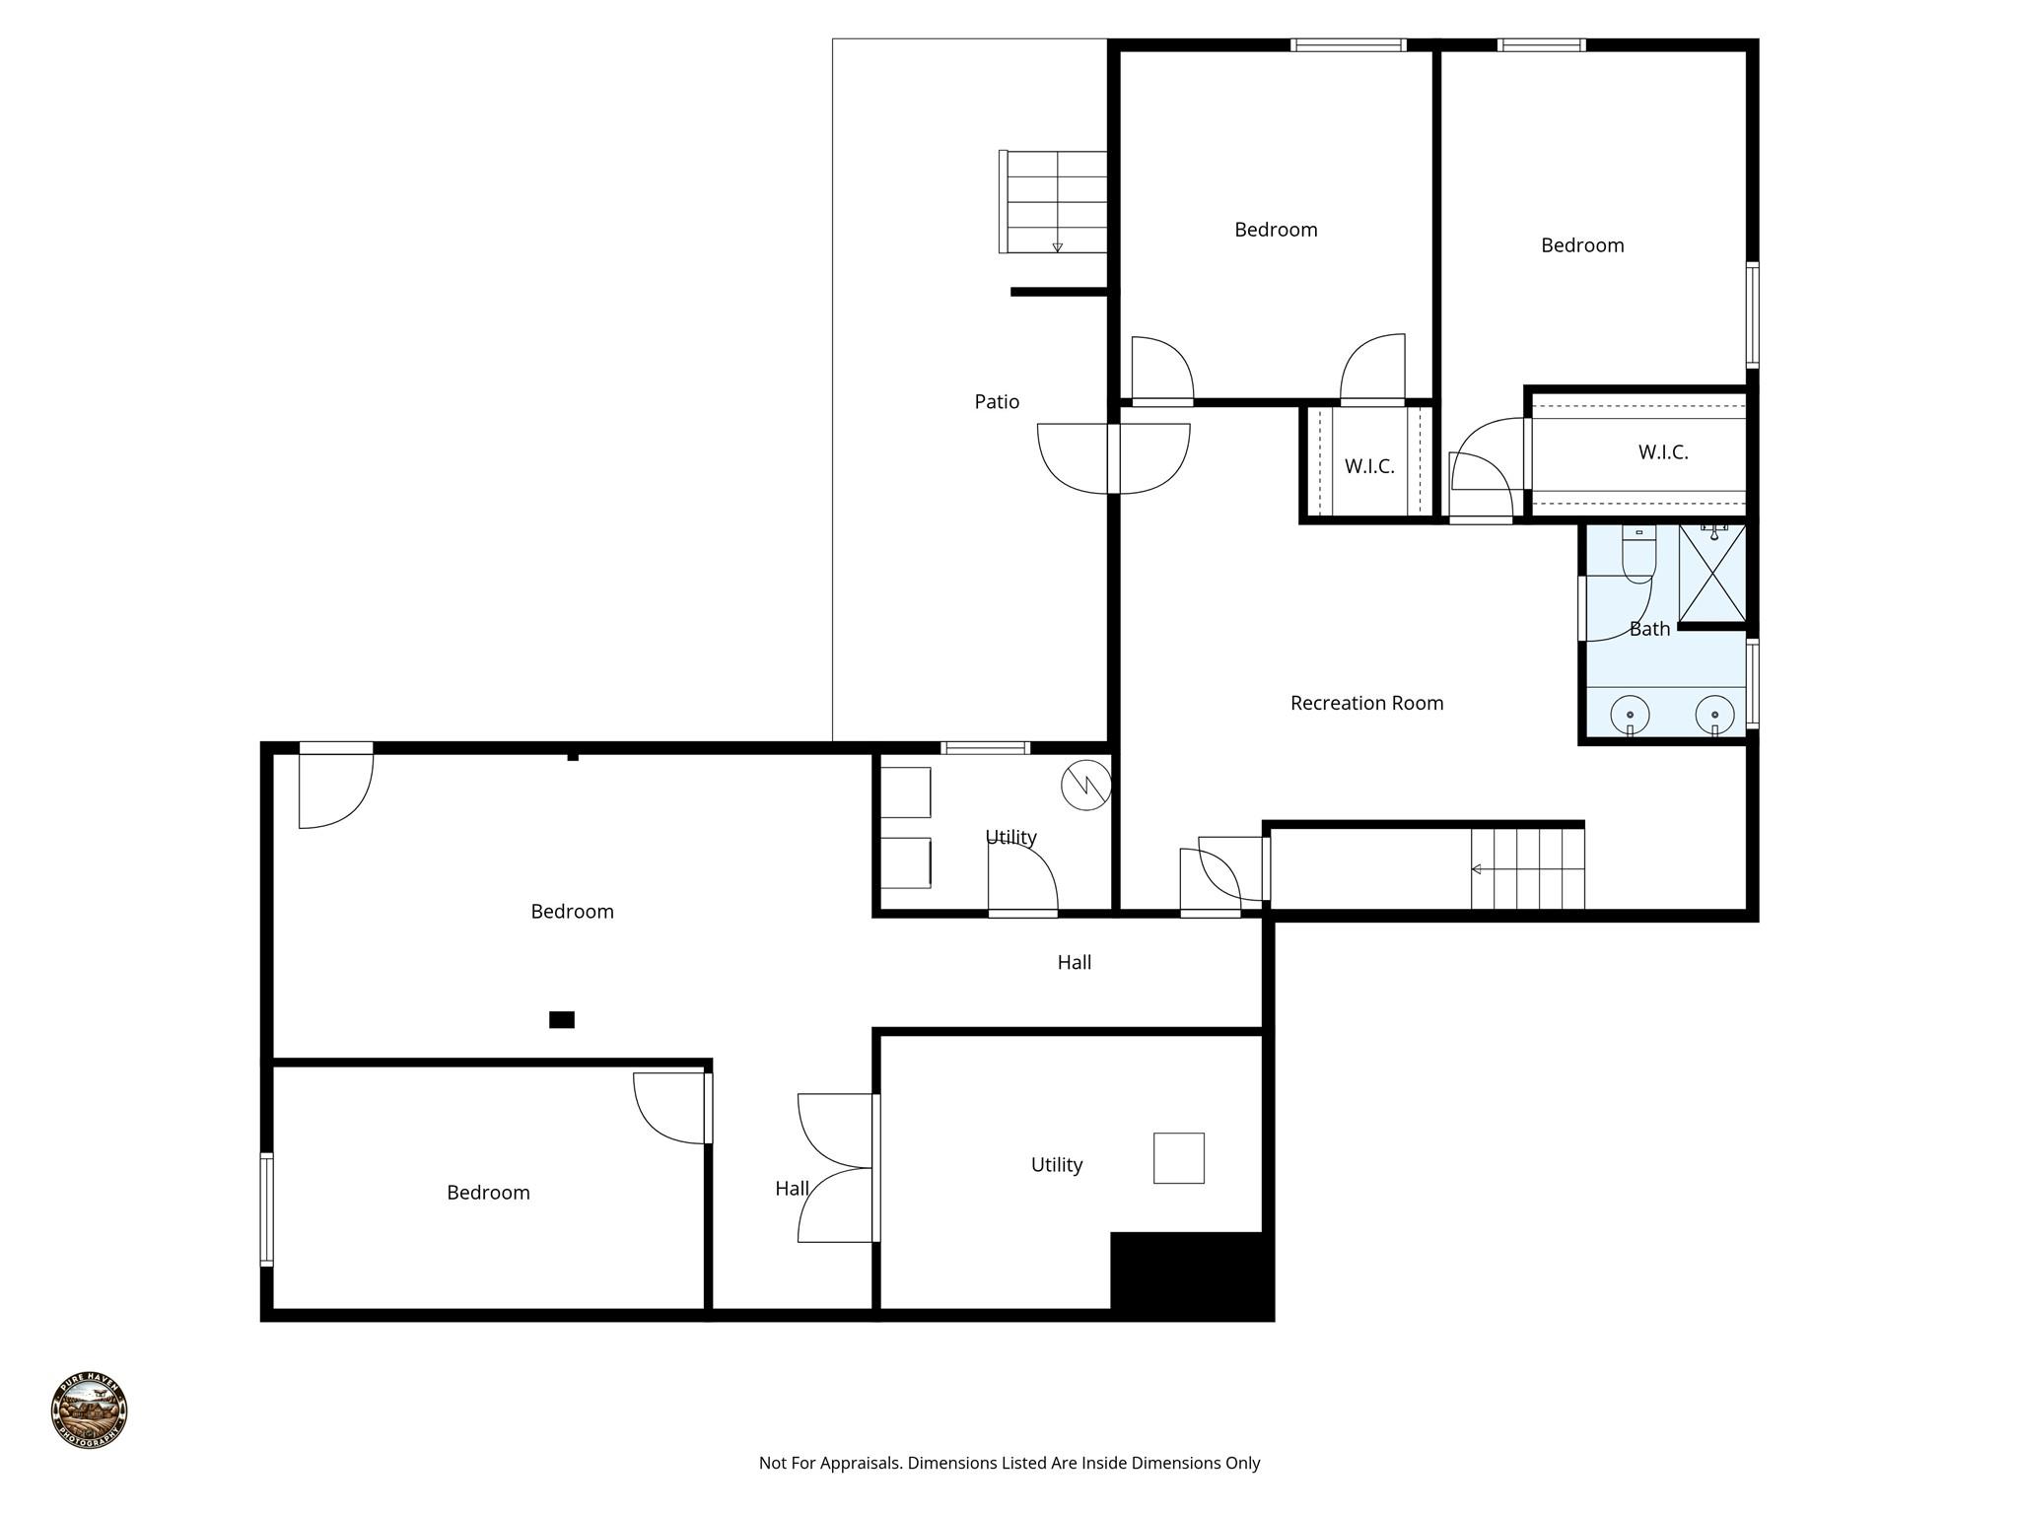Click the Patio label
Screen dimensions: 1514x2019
(997, 401)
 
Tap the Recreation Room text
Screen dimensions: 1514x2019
(1366, 703)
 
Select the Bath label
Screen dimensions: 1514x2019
(1649, 629)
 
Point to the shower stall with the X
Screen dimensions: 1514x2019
(1712, 574)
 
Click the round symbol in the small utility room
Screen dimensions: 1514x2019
(1085, 786)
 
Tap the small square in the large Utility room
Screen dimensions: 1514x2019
(1178, 1158)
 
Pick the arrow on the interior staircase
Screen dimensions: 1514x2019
(1477, 869)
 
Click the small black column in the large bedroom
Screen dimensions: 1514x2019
(561, 1020)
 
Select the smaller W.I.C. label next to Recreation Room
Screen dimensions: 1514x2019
(1369, 466)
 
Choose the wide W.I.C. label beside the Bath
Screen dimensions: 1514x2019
(1663, 452)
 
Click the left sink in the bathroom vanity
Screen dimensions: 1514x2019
(1630, 715)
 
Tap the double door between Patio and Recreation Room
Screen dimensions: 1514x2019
(1113, 458)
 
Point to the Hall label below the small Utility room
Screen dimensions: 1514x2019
(1074, 962)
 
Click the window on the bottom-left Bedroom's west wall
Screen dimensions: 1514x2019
(266, 1208)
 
